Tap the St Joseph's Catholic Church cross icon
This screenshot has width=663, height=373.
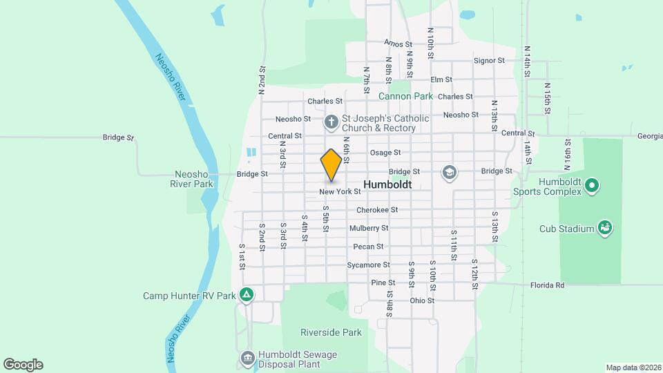tap(331, 123)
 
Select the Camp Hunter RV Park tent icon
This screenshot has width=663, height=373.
tap(247, 296)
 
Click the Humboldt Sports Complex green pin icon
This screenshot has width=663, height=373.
tap(591, 185)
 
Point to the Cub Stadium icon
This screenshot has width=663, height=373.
tap(605, 228)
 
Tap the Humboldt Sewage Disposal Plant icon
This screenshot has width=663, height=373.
tap(247, 358)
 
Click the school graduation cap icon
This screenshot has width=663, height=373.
tap(450, 171)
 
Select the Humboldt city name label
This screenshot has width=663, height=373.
tap(387, 185)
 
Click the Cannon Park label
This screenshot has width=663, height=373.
tap(405, 96)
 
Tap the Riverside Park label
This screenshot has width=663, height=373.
tap(331, 332)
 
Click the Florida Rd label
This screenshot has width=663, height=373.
tap(548, 285)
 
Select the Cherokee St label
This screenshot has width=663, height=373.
tap(377, 210)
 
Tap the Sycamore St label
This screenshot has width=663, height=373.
tap(369, 265)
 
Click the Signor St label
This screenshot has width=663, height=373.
tap(490, 61)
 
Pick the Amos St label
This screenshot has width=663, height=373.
tap(398, 44)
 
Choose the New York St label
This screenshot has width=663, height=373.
tap(340, 191)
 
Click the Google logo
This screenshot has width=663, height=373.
tap(23, 365)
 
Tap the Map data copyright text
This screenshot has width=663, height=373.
tap(633, 367)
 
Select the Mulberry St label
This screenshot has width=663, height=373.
tap(369, 228)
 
